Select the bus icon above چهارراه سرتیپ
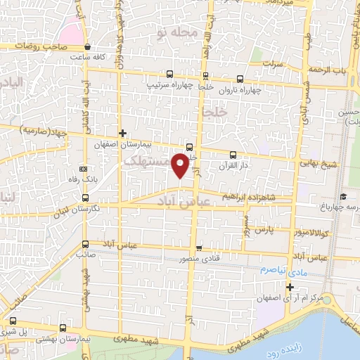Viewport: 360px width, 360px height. click(x=169, y=75)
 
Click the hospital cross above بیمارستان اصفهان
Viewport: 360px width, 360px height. click(x=122, y=132)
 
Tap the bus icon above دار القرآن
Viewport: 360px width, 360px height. click(x=233, y=155)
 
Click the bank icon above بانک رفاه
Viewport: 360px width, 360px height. click(x=84, y=169)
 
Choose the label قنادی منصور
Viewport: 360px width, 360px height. click(x=198, y=259)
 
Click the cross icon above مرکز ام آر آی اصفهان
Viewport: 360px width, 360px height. click(x=290, y=287)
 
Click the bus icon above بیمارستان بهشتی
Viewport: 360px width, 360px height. click(x=64, y=328)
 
